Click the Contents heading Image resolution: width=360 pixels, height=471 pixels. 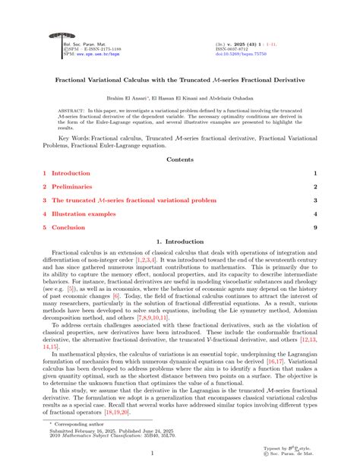point(179,160)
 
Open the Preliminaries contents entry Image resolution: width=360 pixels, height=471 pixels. point(72,186)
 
